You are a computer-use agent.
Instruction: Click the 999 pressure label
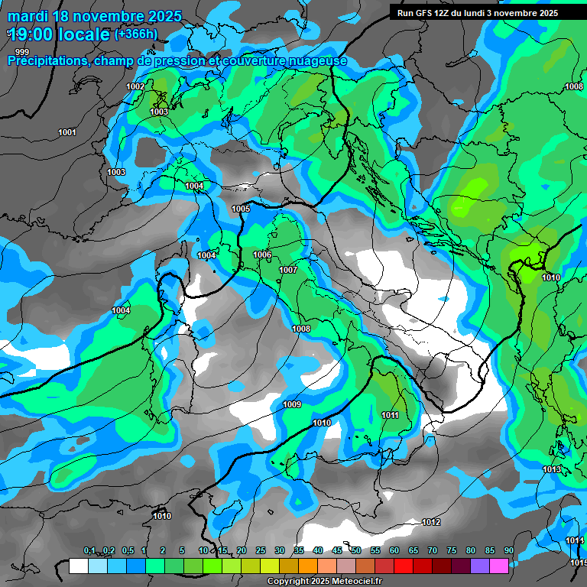[x=22, y=52]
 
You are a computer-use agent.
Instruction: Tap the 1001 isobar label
[x=67, y=132]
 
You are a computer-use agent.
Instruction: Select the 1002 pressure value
[x=135, y=86]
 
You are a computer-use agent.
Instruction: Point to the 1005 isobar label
[x=241, y=209]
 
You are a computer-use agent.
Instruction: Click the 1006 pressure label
[x=262, y=255]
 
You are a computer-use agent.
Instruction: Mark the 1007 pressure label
[x=288, y=270]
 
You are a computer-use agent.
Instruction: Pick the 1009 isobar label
[x=292, y=404]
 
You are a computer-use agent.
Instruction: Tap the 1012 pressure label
[x=431, y=522]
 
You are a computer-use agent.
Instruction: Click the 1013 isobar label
[x=553, y=469]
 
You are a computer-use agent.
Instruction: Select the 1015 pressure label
[x=577, y=563]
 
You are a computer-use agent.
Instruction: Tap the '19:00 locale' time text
[x=58, y=34]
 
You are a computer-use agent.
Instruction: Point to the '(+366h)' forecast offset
[x=136, y=34]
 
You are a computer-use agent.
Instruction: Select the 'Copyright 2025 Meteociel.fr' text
[x=330, y=582]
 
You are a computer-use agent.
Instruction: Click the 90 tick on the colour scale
[x=508, y=550]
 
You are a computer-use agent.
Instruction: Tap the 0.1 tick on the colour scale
[x=89, y=550]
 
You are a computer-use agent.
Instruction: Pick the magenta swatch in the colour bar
[x=499, y=566]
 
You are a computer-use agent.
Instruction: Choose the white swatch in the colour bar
[x=79, y=566]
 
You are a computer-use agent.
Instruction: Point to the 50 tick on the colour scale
[x=356, y=550]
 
